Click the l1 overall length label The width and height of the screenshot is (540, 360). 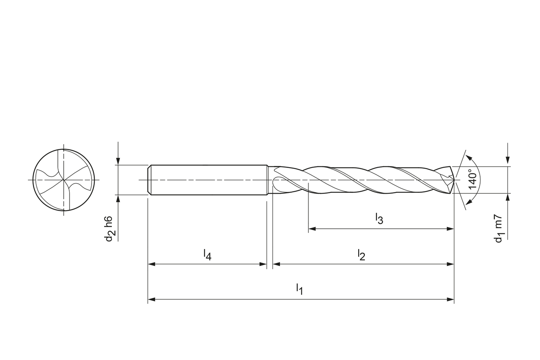coord(299,289)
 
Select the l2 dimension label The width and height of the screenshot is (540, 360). coord(361,255)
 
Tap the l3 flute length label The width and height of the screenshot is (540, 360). coord(379,219)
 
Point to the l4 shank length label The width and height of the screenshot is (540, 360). coord(207,254)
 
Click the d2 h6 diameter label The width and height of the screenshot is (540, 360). coord(109,229)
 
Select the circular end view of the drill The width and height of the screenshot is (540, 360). coord(64,180)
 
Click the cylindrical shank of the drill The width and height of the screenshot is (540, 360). coord(209,180)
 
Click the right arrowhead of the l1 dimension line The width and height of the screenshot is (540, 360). coord(450,299)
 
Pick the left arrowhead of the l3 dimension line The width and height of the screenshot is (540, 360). coord(312,229)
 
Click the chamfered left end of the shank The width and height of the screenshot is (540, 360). coord(149,180)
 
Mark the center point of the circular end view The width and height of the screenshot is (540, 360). coord(64,180)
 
